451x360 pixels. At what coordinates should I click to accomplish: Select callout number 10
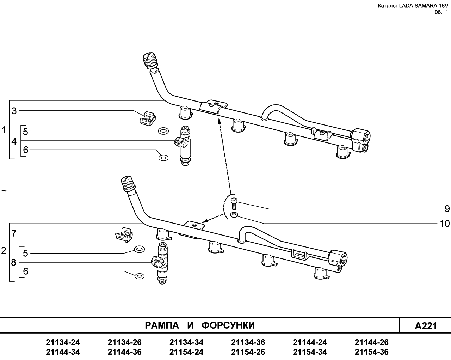pyautogui.click(x=445, y=224)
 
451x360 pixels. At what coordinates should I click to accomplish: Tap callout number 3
pyautogui.click(x=14, y=111)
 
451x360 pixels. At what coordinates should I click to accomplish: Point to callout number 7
pyautogui.click(x=14, y=234)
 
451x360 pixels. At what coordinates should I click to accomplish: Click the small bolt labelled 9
pyautogui.click(x=234, y=204)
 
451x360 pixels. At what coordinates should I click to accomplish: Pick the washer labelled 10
pyautogui.click(x=234, y=215)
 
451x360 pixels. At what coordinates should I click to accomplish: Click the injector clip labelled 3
pyautogui.click(x=148, y=118)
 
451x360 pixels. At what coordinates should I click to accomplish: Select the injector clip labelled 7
pyautogui.click(x=124, y=235)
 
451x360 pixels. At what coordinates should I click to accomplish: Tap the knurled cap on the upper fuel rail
pyautogui.click(x=150, y=60)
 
